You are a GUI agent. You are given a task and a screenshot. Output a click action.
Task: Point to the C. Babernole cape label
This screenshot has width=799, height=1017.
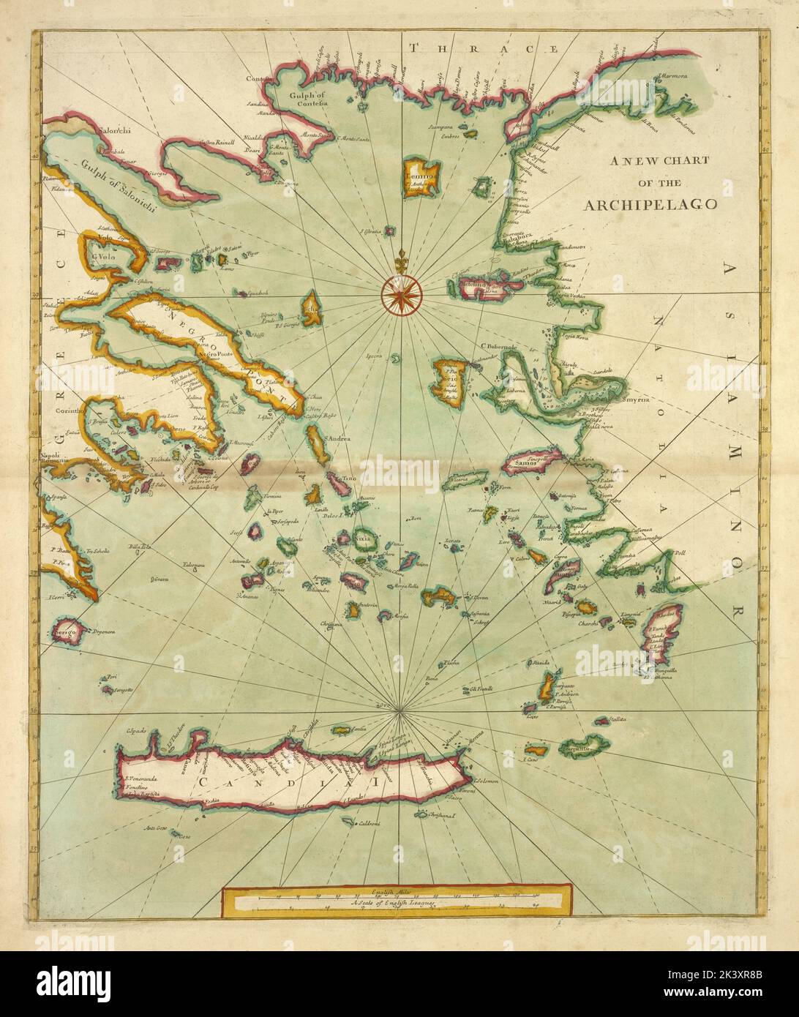click(499, 346)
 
